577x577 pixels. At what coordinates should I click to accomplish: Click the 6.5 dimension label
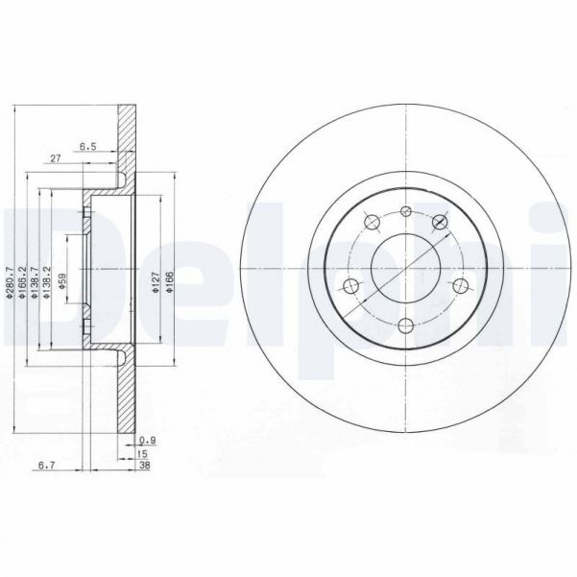pos(88,147)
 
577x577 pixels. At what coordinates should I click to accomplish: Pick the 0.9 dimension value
pos(145,439)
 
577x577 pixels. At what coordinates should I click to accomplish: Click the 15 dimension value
pos(144,452)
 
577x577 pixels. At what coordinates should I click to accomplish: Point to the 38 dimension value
pos(144,466)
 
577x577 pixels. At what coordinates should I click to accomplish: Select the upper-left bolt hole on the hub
pos(369,224)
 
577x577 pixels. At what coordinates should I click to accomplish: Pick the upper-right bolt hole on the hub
pos(442,223)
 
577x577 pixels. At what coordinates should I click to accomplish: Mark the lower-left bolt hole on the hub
pos(351,285)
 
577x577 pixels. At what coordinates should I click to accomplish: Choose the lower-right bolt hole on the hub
pos(460,285)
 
